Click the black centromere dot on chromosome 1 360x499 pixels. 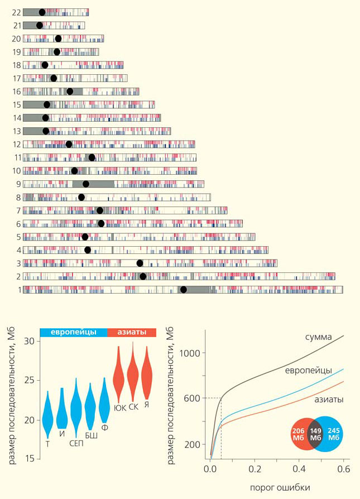(x=183, y=289)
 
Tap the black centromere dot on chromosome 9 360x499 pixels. (x=86, y=184)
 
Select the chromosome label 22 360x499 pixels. (x=16, y=12)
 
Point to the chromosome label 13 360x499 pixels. (x=16, y=131)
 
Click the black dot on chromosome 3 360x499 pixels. (x=140, y=263)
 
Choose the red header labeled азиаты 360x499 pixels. (x=131, y=332)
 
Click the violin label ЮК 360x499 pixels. (x=119, y=407)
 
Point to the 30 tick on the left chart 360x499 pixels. (x=30, y=341)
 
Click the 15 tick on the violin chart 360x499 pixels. (x=30, y=458)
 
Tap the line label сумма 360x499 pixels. (x=319, y=337)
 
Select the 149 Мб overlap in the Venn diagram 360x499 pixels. (x=315, y=433)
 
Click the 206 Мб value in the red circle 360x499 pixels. (x=298, y=433)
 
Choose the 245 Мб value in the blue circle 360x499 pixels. (x=334, y=433)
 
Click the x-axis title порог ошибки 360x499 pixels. (x=277, y=487)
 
